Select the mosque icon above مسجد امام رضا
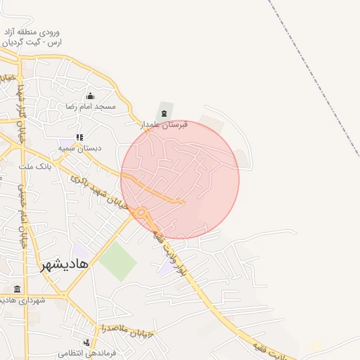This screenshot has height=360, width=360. coord(89,96)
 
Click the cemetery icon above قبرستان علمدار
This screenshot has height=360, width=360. coord(164,113)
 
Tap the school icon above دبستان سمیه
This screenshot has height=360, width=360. coord(79,137)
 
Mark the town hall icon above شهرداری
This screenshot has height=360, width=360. coord(17,289)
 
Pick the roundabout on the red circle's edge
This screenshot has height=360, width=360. coord(142,212)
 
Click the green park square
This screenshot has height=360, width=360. coord(117,260)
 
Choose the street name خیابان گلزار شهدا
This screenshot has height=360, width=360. coord(19,112)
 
